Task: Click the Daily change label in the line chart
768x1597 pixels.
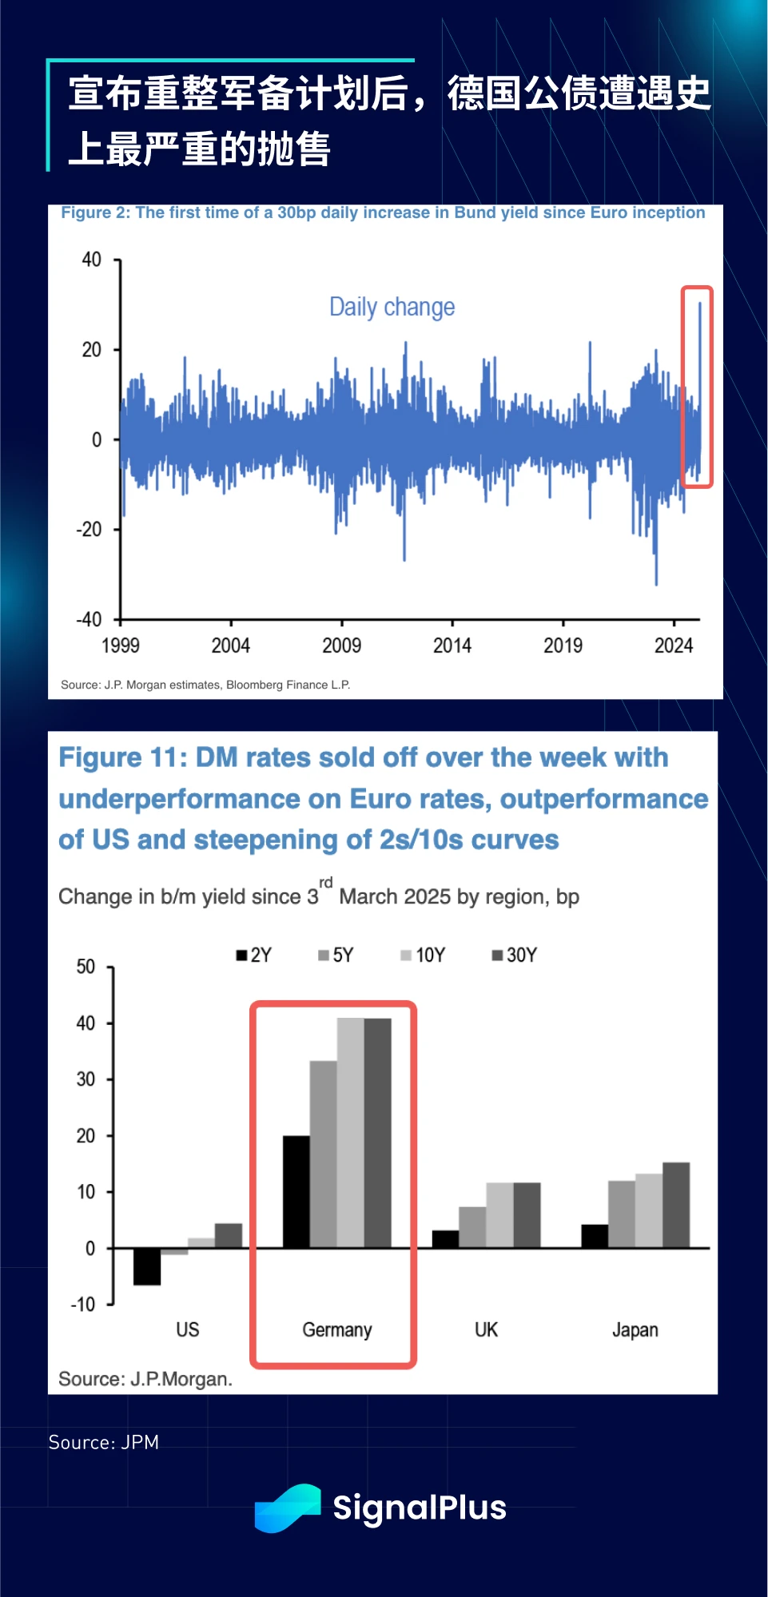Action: click(392, 307)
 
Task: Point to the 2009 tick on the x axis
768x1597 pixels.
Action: click(341, 645)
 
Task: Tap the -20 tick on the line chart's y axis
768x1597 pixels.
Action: click(89, 529)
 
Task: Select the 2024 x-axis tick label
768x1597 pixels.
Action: click(673, 645)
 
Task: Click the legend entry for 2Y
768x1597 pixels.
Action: click(253, 955)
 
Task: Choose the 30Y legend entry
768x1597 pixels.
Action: click(514, 955)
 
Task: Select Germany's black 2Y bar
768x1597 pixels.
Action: click(296, 1191)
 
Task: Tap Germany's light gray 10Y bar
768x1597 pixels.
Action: click(350, 1132)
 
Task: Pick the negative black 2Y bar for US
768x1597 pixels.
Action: click(147, 1266)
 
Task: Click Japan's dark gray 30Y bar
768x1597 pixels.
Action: click(676, 1205)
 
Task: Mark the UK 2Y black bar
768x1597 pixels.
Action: click(445, 1239)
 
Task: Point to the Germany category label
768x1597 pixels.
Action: click(336, 1329)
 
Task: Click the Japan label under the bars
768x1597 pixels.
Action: click(635, 1329)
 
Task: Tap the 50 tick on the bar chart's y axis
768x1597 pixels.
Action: click(86, 967)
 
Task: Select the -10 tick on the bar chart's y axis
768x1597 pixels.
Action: click(83, 1305)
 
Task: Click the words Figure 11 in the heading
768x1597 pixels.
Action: click(122, 757)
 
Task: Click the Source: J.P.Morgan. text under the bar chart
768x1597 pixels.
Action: click(145, 1379)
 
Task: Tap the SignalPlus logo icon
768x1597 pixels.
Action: click(288, 1508)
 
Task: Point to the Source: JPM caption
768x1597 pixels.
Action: click(104, 1442)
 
